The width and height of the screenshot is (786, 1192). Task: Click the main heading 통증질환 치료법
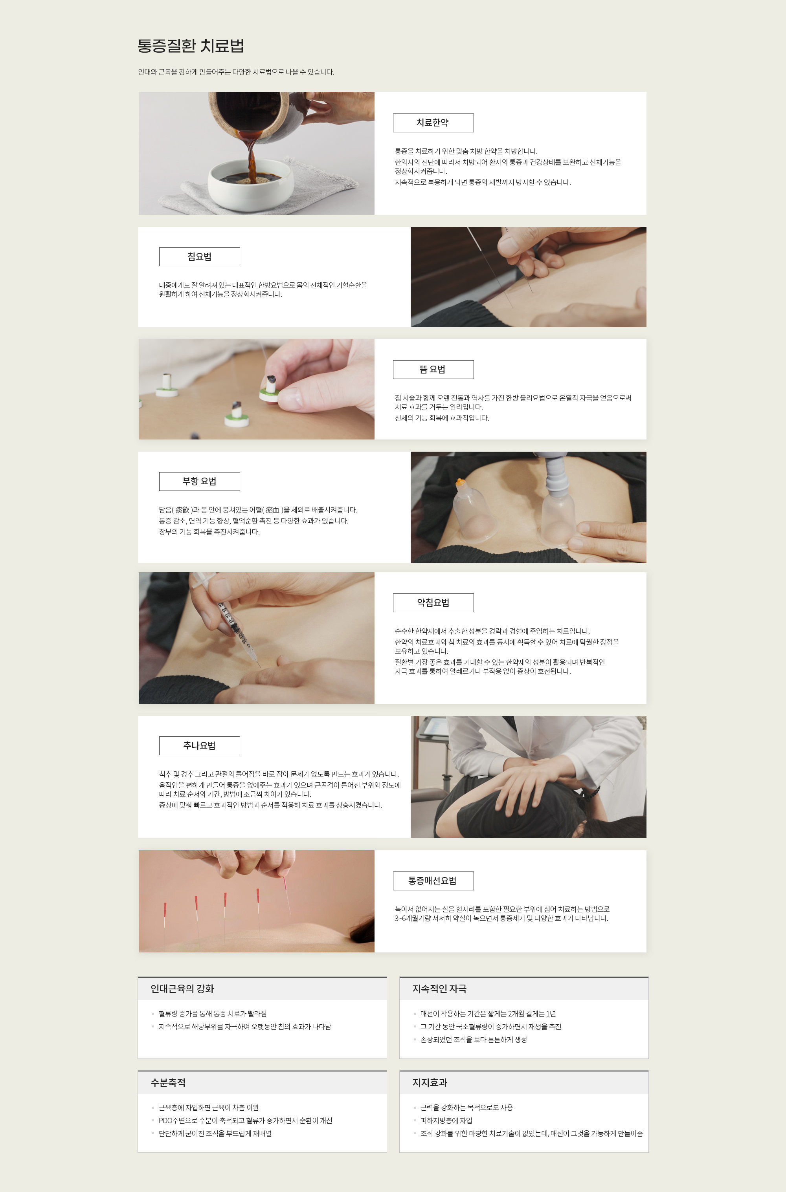coord(191,46)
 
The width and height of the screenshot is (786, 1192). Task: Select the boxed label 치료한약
coord(433,123)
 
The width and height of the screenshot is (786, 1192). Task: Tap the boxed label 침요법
coord(200,257)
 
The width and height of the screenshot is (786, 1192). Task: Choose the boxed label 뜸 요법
coord(433,370)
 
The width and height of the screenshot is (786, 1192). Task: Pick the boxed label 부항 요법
coord(200,481)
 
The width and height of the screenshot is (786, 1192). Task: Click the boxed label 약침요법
coord(433,602)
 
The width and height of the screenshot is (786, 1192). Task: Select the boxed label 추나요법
coord(200,746)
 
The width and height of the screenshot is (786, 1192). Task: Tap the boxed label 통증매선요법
coord(433,881)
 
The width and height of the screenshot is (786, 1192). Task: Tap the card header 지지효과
coord(430,1083)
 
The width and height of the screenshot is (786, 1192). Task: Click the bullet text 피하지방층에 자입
coord(446,1121)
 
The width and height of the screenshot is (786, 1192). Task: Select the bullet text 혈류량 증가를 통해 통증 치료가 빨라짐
coord(213,1014)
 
